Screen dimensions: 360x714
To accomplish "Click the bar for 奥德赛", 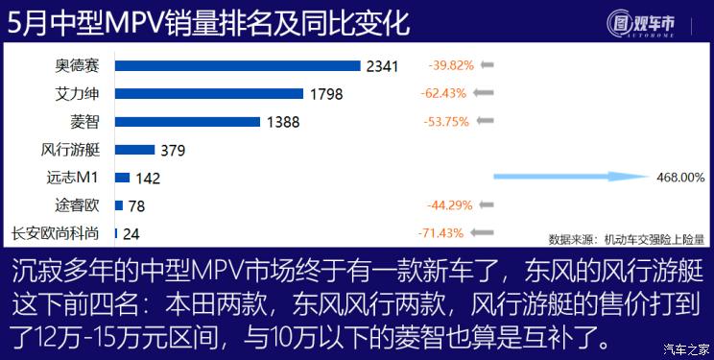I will [237, 66].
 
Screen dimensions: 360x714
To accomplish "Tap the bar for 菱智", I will [187, 122].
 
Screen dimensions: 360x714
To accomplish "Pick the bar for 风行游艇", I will [134, 150].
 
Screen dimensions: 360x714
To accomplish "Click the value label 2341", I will [382, 66].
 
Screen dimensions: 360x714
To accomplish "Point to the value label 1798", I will [327, 94].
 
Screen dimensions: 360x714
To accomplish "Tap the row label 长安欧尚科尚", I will [59, 233].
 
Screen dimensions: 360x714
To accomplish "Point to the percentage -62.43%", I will [442, 94].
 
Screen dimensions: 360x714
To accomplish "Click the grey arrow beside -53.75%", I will [485, 121].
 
